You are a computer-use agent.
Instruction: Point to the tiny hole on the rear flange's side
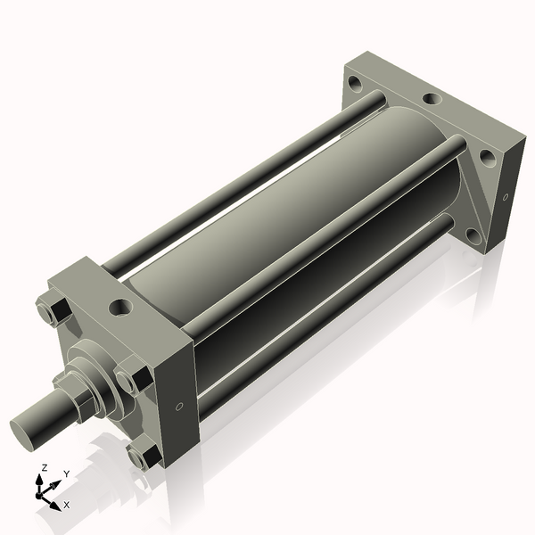coord(505,196)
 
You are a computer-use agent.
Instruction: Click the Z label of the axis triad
coord(43,467)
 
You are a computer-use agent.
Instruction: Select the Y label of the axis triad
coord(66,473)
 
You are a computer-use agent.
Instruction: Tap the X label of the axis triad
coord(67,505)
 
